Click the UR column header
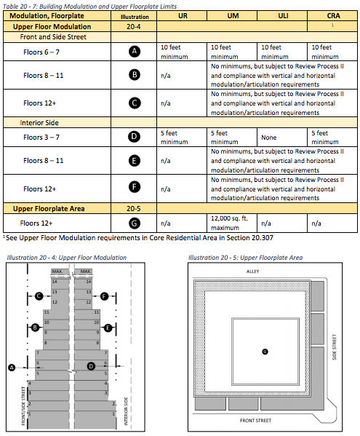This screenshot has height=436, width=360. (183, 16)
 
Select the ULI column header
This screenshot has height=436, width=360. (283, 16)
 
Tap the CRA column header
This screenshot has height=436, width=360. (333, 16)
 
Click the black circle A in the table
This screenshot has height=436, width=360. (135, 52)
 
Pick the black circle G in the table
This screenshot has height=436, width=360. (134, 223)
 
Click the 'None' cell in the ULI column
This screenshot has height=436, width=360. (268, 138)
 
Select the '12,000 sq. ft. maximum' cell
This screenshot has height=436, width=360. (229, 223)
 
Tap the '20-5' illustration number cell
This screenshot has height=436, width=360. (134, 209)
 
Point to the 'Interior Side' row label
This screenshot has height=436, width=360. (39, 122)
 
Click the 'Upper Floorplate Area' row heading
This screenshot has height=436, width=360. (49, 209)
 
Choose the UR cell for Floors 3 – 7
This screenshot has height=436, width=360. (174, 138)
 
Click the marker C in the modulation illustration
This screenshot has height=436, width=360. (39, 296)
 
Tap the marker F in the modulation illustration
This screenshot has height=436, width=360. (104, 296)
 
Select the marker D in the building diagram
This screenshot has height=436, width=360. (91, 366)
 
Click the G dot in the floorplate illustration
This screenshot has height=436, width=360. (265, 352)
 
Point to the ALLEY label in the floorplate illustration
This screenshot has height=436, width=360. (252, 271)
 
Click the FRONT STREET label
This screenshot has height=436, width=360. (255, 421)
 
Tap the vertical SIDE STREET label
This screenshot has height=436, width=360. (335, 347)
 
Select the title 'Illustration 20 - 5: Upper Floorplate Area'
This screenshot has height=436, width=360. (246, 258)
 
